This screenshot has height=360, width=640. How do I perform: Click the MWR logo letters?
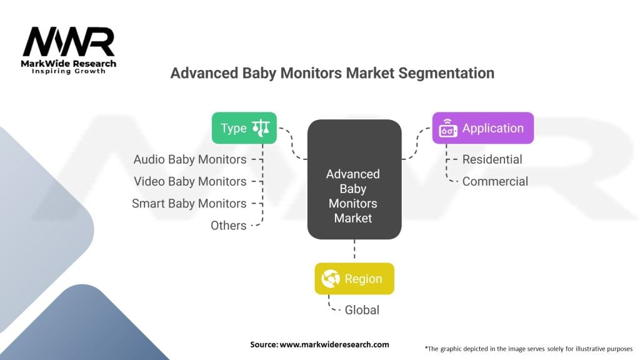click(69, 43)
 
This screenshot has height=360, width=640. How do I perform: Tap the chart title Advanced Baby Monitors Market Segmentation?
click(332, 73)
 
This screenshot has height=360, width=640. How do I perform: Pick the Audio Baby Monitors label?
click(190, 159)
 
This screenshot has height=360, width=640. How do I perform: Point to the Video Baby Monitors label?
click(190, 181)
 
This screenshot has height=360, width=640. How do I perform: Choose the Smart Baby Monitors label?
click(189, 203)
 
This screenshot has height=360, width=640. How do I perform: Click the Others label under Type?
click(229, 225)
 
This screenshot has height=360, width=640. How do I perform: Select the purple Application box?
click(482, 128)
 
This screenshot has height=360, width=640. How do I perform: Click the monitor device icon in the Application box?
click(448, 129)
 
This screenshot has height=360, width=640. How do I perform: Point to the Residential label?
click(492, 159)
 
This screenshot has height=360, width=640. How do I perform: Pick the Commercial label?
click(495, 181)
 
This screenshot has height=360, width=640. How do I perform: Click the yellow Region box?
click(354, 279)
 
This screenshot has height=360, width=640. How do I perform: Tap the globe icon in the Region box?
click(331, 279)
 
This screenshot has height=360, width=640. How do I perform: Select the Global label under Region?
click(362, 309)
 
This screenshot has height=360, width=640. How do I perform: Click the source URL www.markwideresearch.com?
click(319, 344)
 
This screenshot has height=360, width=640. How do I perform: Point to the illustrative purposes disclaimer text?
click(529, 348)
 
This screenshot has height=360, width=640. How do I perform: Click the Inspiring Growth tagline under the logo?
click(69, 71)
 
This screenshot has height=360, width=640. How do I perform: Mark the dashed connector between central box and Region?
click(354, 251)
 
